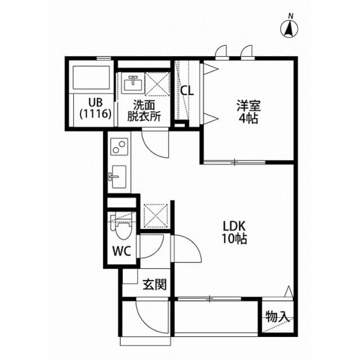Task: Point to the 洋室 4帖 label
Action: coord(248,112)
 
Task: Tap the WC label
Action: coord(124,251)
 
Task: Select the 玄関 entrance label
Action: coord(154,285)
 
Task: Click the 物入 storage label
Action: coord(278,317)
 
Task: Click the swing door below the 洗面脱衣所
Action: coord(155,143)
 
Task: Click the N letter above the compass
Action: coord(290,15)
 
